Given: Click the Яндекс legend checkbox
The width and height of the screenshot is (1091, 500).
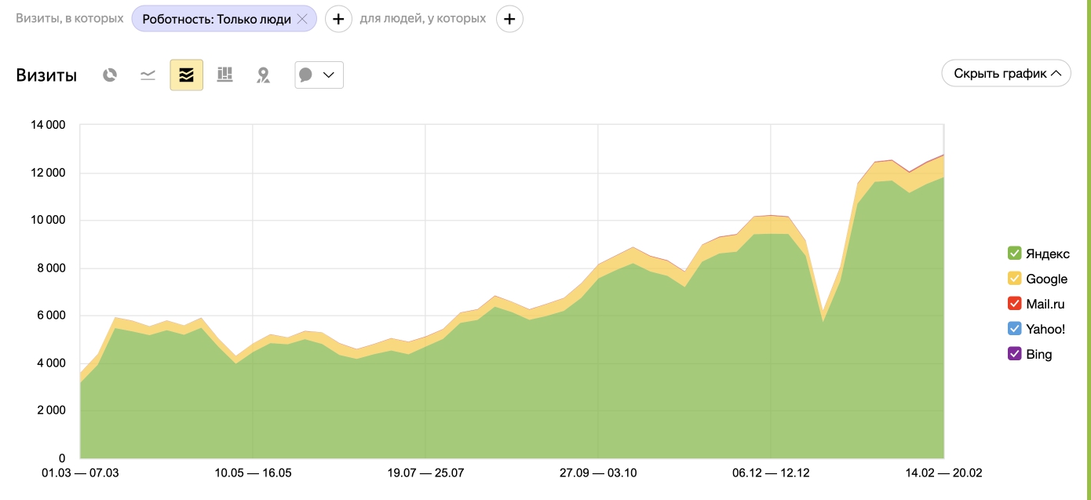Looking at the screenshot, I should tap(1014, 253).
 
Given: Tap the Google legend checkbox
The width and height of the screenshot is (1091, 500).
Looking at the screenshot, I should tap(1014, 278).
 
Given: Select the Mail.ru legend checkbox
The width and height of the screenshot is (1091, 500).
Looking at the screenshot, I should tap(1014, 304).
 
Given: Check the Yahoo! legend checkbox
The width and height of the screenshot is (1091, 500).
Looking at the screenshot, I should tap(1014, 329).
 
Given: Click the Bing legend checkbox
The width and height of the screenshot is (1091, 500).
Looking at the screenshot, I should tap(1014, 354).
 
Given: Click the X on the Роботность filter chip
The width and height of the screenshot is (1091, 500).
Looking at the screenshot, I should tap(302, 19).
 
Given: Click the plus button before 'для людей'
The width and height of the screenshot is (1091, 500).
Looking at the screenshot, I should tap(338, 19).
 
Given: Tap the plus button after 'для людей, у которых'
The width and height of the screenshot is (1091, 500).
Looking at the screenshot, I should tap(509, 19).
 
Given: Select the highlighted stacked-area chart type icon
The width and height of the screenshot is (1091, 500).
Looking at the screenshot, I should tap(186, 75).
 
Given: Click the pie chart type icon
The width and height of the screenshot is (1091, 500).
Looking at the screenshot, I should tap(110, 75).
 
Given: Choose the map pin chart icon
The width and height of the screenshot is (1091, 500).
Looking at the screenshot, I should tap(263, 75).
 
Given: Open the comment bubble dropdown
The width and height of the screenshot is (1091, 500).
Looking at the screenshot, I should tap(319, 75).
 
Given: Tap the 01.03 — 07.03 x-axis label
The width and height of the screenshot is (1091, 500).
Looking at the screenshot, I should tap(80, 473).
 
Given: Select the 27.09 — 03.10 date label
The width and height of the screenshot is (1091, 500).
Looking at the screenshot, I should tap(598, 473).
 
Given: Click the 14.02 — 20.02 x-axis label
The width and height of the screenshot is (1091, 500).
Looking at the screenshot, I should tap(943, 473).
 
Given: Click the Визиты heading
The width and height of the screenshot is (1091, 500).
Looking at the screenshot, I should tap(46, 75).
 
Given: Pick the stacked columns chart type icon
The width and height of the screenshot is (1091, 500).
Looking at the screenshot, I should tap(224, 75).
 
